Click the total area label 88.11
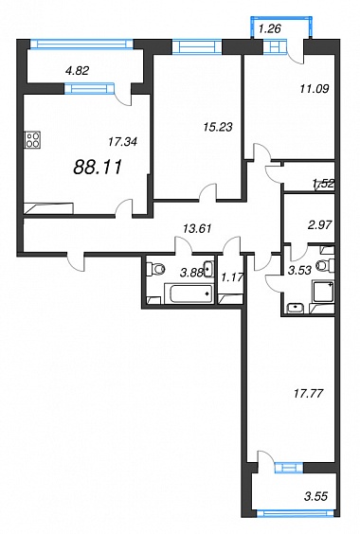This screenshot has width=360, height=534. coord(98,168)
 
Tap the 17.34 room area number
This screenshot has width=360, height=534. coord(122,142)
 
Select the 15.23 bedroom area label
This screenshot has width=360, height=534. coord(218,127)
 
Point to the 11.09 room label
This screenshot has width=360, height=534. coord(315,89)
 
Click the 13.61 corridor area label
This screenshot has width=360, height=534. coord(197,228)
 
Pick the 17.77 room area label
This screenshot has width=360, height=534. coord(308,394)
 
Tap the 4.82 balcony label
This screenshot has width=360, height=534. coord(77,70)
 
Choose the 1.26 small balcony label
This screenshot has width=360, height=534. coord(269,29)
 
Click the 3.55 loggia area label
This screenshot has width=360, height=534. coord(315,496)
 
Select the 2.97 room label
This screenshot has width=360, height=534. coord(319,225)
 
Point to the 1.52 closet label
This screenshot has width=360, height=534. coord(323,185)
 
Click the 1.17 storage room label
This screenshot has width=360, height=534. coord(232,277)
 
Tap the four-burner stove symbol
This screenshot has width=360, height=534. coord(32,140)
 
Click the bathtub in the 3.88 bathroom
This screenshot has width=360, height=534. coord(189,294)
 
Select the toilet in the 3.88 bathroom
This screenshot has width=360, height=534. coord(155,270)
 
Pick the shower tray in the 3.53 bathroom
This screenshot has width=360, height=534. coord(323,292)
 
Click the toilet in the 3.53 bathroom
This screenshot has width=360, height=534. coord(325,265)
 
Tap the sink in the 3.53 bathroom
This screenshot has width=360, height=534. coord(296,308)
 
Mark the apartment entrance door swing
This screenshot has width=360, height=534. coord(76,262)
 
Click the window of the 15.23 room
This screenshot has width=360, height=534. coord(197,46)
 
